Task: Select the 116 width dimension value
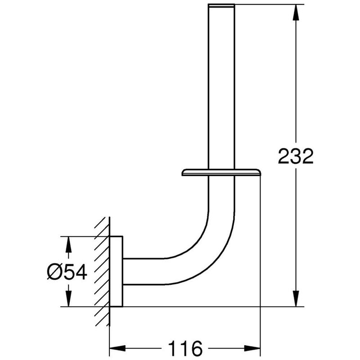pyautogui.click(x=185, y=348)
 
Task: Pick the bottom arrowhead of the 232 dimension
pyautogui.click(x=296, y=299)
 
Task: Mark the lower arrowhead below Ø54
pyautogui.click(x=68, y=299)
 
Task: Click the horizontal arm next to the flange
pyautogui.click(x=144, y=271)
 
